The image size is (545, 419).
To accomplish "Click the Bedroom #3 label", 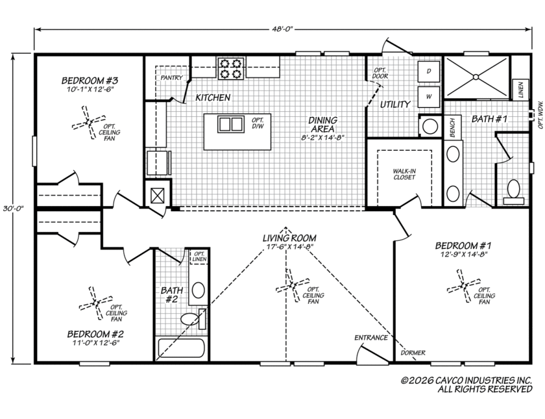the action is click(x=90, y=81).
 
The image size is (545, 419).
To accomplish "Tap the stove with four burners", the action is click(x=231, y=69).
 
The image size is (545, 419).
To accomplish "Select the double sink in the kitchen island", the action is click(x=230, y=124).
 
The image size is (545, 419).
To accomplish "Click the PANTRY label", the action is click(x=171, y=77).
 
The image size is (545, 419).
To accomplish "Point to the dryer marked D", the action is click(x=429, y=71).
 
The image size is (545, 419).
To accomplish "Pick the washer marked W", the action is click(x=429, y=96).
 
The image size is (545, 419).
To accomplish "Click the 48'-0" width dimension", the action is click(x=283, y=29).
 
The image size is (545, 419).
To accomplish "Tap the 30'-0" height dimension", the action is click(x=13, y=209).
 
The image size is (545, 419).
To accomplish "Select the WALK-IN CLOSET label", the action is click(x=404, y=174).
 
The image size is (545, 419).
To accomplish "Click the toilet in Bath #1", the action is click(x=513, y=192).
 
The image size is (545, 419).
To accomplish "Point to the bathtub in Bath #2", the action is click(x=181, y=348).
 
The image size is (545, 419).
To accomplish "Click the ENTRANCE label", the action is click(x=371, y=338).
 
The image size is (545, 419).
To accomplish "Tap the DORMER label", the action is click(x=413, y=353).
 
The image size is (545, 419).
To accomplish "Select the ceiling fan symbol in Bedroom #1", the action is click(x=464, y=286).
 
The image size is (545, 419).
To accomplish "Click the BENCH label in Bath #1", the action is click(x=452, y=128).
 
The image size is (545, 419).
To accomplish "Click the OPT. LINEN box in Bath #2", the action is click(x=199, y=257).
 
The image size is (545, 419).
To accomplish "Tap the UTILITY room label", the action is click(x=395, y=105).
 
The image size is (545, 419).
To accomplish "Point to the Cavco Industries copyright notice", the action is click(x=466, y=385).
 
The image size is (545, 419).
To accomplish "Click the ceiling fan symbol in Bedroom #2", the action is click(x=96, y=303).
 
